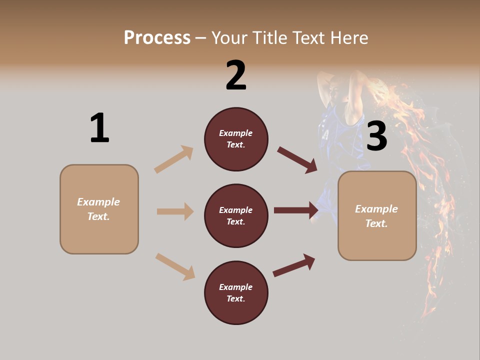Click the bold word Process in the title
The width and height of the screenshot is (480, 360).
pyautogui.click(x=157, y=38)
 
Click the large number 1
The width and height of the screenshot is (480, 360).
pyautogui.click(x=99, y=128)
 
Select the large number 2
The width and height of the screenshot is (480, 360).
pyautogui.click(x=236, y=75)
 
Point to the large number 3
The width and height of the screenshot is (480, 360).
pyautogui.click(x=376, y=136)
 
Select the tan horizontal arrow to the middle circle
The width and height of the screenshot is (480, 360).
pyautogui.click(x=175, y=211)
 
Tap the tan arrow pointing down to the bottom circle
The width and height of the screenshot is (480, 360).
pyautogui.click(x=175, y=266)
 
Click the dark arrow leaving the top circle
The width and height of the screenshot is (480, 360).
pyautogui.click(x=297, y=160)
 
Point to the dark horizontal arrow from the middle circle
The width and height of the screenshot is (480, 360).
pyautogui.click(x=295, y=210)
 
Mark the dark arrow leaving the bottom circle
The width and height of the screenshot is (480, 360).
pyautogui.click(x=294, y=265)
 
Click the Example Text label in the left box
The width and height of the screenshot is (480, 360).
pyautogui.click(x=98, y=209)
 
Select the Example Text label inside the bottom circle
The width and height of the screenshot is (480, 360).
pyautogui.click(x=236, y=293)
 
